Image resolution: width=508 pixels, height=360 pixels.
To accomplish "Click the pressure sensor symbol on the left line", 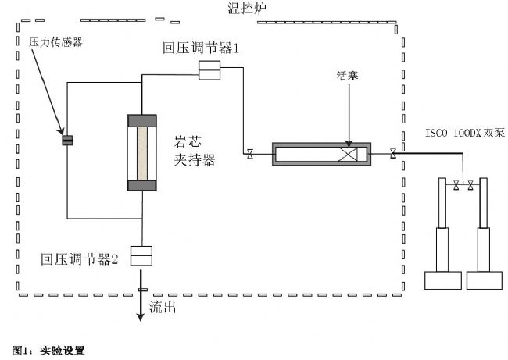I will (67, 141).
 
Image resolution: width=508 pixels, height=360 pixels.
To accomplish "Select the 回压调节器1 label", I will (202, 48).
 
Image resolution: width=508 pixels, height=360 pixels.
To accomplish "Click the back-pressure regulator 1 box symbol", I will (209, 73).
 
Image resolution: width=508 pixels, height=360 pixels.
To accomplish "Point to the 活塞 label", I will (345, 76).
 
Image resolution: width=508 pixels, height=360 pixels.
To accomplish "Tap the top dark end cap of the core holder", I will (142, 122).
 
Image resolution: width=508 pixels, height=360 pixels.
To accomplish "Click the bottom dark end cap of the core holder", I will (142, 185).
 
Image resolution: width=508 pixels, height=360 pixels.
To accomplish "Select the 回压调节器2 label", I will (80, 259).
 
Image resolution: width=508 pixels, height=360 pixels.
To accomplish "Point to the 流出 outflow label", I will (163, 307).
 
